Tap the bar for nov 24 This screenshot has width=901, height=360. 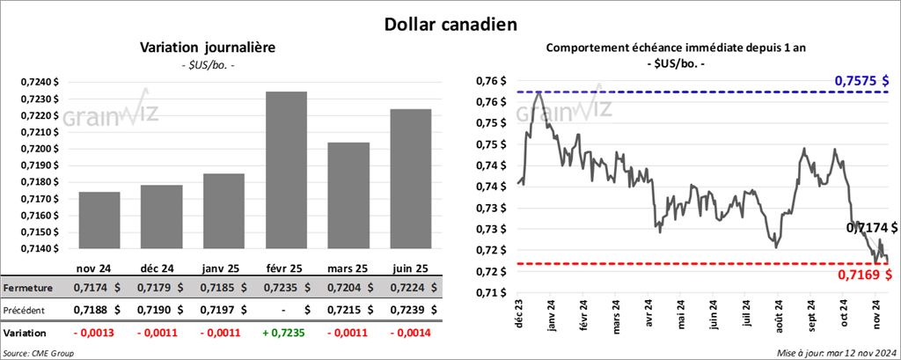click(99, 220)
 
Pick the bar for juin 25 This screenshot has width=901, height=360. click(410, 178)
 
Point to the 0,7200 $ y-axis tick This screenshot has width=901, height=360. click(39, 148)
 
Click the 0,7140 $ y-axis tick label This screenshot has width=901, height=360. click(39, 248)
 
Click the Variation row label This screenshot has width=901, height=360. click(26, 334)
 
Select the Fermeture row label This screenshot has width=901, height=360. click(27, 288)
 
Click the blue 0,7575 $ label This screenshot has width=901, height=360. click(859, 81)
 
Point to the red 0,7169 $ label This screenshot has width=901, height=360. click(863, 276)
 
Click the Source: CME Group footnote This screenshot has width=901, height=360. click(38, 352)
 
